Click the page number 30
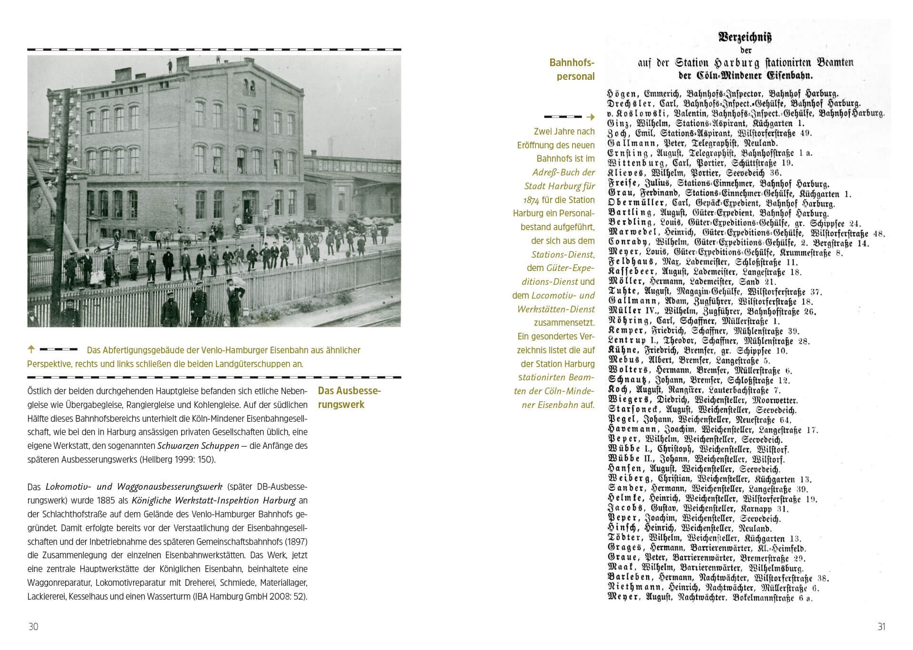tap(33, 627)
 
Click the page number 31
tap(881, 627)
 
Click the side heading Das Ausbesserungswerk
tap(350, 398)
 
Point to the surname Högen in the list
tap(622, 94)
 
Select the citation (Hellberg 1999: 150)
tap(177, 460)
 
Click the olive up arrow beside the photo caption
tap(31, 349)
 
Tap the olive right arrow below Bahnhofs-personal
tap(591, 117)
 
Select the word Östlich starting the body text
tap(40, 391)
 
